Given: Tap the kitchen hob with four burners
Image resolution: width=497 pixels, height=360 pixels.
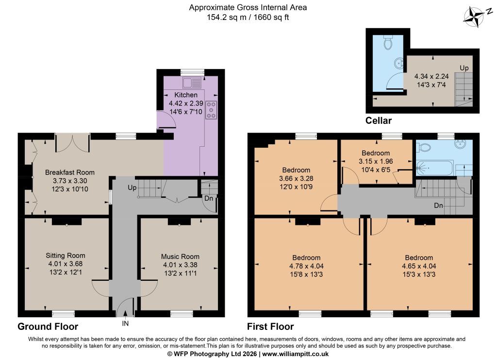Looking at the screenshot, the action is click(x=211, y=110).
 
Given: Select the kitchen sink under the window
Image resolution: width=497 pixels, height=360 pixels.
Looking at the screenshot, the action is click(x=192, y=83).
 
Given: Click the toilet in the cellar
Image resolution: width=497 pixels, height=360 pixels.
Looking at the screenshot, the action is click(x=388, y=42).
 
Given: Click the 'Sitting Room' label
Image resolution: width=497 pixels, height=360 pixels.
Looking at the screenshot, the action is click(x=66, y=256).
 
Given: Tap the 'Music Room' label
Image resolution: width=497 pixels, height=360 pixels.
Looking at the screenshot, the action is click(x=180, y=257).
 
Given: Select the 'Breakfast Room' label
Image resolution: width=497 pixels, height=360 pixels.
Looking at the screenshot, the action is click(x=70, y=172).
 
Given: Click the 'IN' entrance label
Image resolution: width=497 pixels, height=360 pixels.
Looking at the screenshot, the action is click(x=126, y=324).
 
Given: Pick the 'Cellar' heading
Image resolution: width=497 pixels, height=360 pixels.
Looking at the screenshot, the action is click(x=379, y=120).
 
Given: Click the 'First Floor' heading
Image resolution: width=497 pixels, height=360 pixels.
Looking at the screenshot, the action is click(x=270, y=326).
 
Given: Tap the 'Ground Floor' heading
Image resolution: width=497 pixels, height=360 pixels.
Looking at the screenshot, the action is click(x=48, y=326).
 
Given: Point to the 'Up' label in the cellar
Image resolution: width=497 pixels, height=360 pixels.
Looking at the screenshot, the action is click(x=464, y=68).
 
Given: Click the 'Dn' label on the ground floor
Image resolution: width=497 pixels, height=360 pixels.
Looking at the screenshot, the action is click(x=209, y=199).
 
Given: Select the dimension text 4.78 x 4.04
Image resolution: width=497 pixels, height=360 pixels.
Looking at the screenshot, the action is click(x=307, y=266).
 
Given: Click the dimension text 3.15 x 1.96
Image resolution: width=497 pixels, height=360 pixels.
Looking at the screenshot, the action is click(x=376, y=161).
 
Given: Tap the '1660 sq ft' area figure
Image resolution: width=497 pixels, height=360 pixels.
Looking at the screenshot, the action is click(x=271, y=17).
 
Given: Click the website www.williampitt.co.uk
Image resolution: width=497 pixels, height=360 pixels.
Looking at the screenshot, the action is click(x=295, y=354).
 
